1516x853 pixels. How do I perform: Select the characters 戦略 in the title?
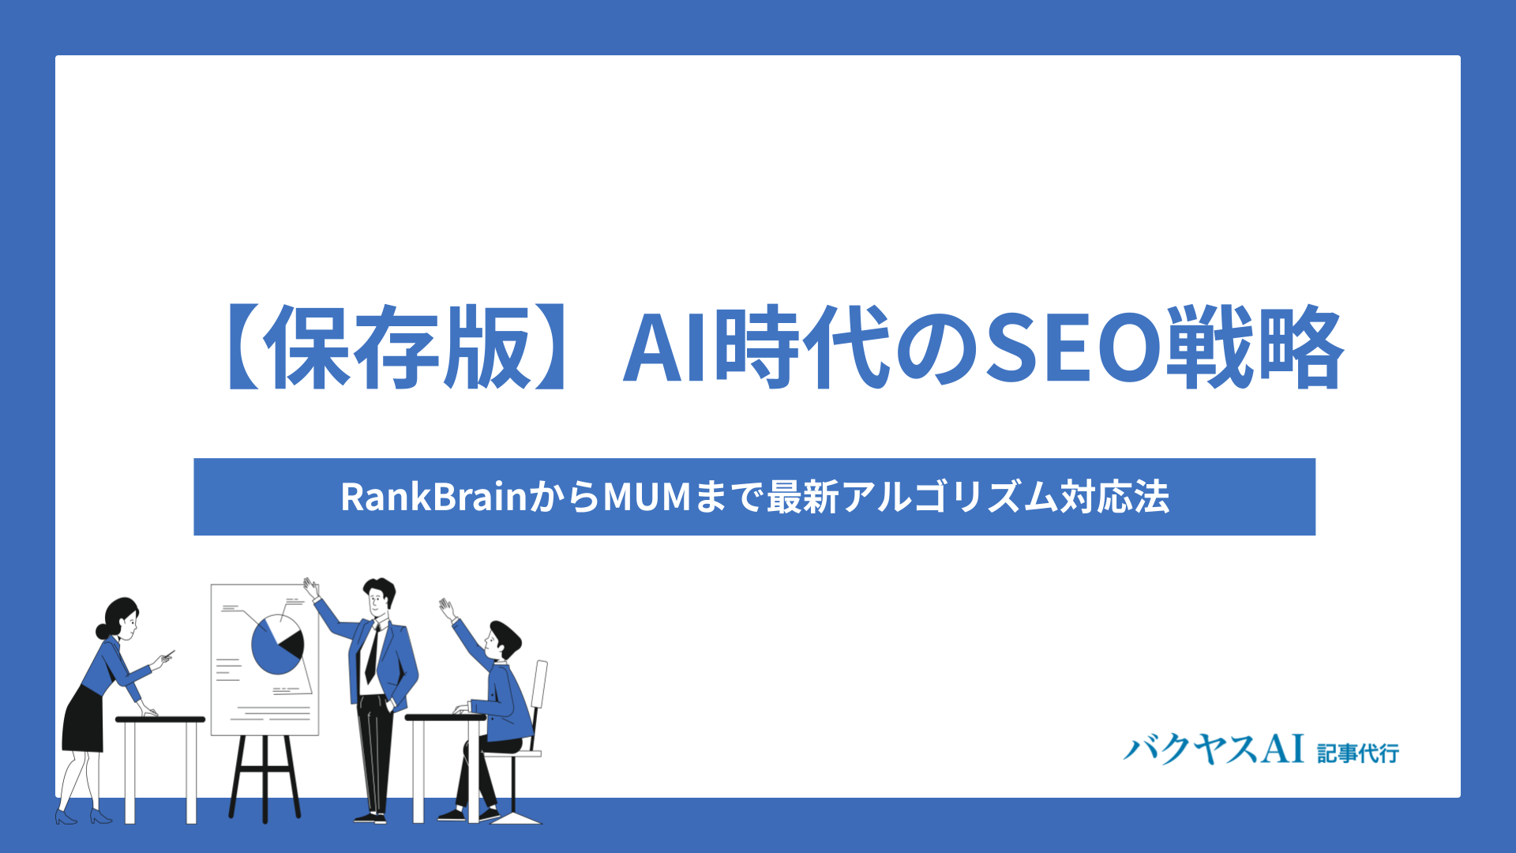click(1254, 348)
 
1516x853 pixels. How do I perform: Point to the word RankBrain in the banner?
click(433, 497)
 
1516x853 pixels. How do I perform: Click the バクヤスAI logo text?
click(1214, 749)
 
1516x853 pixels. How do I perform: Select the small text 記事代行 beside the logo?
click(1358, 753)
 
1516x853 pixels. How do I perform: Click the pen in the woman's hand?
click(167, 654)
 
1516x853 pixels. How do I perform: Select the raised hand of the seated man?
click(447, 609)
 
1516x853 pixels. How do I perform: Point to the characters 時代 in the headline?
click(804, 348)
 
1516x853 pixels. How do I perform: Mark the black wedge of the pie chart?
click(291, 644)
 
